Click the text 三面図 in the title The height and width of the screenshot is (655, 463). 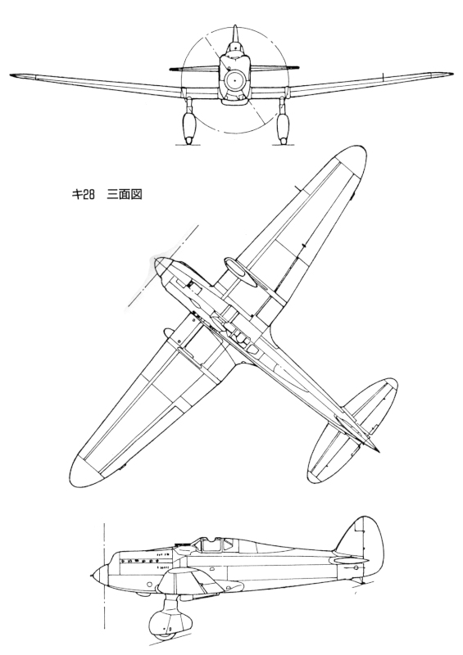(125, 195)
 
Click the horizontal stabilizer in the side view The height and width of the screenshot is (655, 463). (350, 560)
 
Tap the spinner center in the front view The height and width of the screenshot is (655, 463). (234, 81)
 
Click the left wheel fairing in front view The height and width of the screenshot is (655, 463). (189, 127)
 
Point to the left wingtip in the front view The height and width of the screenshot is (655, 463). (12, 75)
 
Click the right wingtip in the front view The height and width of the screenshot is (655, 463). (450, 74)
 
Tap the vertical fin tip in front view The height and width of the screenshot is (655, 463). (235, 27)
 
